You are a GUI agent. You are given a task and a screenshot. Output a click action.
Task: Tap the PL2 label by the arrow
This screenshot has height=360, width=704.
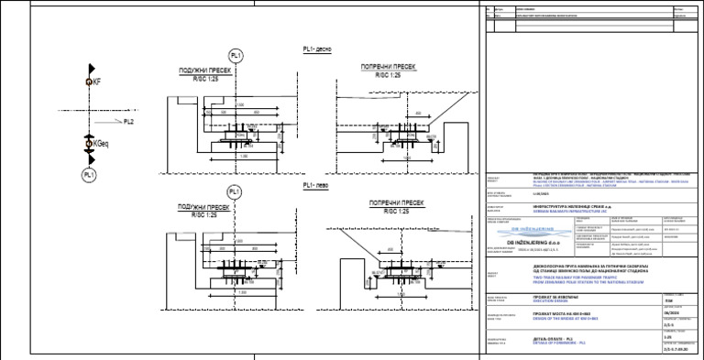(129, 121)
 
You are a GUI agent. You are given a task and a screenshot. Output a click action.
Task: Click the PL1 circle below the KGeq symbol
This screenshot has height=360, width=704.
(89, 174)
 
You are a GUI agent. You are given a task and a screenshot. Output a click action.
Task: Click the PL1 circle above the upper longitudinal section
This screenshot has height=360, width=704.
(236, 58)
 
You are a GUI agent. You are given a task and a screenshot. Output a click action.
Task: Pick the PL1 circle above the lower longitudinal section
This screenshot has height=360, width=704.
(236, 191)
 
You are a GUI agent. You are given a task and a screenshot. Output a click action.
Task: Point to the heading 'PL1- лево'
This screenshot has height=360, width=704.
(317, 185)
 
